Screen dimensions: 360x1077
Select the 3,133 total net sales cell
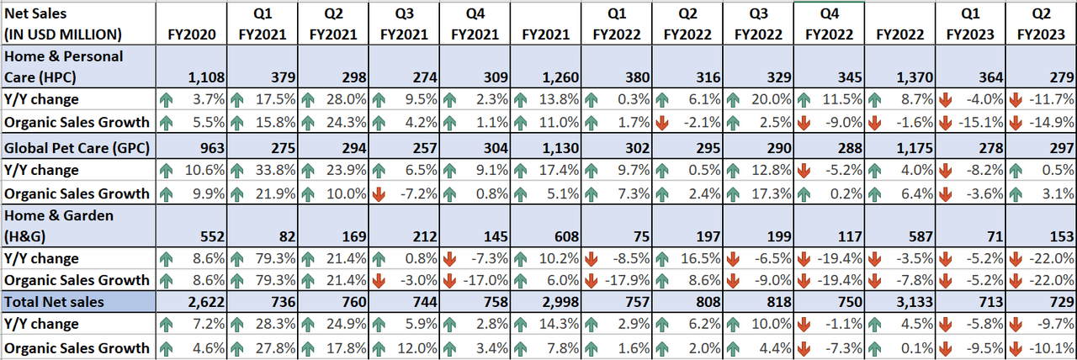pos(912,301)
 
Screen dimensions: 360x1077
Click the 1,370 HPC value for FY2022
pos(912,77)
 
